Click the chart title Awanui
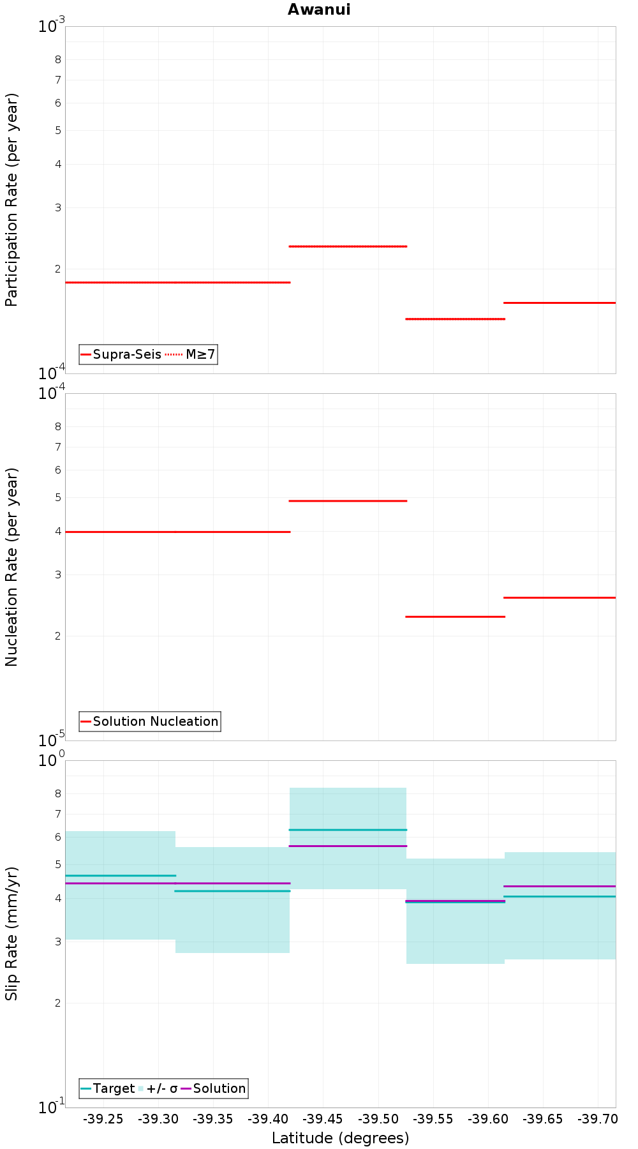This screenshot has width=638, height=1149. click(x=319, y=10)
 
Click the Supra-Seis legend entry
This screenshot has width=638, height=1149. click(x=121, y=354)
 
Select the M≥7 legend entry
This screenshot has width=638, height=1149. click(x=191, y=354)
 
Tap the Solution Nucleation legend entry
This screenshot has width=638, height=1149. click(x=150, y=721)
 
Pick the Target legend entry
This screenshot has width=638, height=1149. click(x=108, y=1088)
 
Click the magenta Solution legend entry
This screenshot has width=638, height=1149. click(x=213, y=1088)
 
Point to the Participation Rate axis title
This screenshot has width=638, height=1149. click(x=11, y=200)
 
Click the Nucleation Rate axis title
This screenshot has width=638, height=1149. click(x=11, y=567)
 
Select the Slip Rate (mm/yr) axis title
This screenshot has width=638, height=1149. click(x=11, y=933)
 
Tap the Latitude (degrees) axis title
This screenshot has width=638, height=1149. click(x=340, y=1138)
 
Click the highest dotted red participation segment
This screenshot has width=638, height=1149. click(x=348, y=246)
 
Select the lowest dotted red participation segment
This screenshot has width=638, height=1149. click(x=455, y=319)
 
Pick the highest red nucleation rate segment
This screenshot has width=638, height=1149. click(x=348, y=501)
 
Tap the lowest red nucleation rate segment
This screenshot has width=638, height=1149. click(x=455, y=617)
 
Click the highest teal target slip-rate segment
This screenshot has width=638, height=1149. click(x=348, y=830)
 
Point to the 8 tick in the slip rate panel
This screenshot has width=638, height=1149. click(x=58, y=793)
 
